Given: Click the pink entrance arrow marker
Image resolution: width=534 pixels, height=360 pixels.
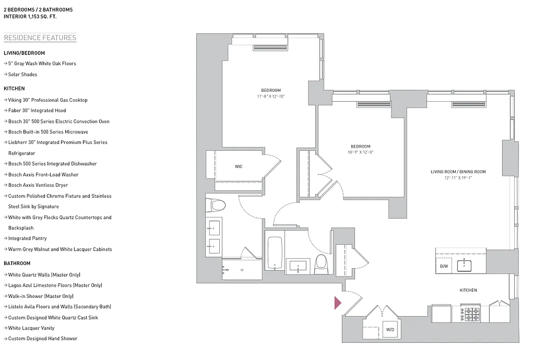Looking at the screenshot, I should click(338, 303).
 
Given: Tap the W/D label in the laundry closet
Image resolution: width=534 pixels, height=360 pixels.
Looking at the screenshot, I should click(390, 330).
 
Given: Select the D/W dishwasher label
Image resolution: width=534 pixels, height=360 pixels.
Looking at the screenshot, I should click(444, 266).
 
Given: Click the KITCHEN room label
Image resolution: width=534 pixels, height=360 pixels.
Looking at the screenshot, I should click(468, 290).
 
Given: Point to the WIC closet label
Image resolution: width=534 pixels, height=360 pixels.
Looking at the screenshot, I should click(239, 166).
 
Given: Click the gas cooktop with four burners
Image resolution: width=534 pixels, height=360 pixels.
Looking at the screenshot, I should click(471, 314).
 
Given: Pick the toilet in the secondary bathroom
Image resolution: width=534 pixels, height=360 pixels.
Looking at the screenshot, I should click(321, 263).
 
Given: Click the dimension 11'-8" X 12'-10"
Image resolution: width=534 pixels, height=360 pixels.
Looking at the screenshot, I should click(271, 96).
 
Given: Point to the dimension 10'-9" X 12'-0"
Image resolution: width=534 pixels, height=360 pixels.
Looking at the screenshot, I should click(361, 152).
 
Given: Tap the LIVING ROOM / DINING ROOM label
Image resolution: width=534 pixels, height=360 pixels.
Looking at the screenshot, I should click(458, 172).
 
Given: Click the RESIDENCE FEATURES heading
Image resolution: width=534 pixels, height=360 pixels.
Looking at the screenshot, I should click(40, 38).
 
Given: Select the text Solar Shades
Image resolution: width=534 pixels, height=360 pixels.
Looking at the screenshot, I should click(23, 74).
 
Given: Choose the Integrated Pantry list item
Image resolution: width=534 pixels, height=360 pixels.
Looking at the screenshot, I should click(27, 238).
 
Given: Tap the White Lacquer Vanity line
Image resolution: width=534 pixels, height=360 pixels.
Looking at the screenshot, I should click(31, 328).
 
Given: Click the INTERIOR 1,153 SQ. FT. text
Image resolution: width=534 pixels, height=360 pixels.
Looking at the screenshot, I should click(30, 16).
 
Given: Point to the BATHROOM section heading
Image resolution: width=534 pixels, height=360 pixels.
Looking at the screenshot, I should click(17, 263).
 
